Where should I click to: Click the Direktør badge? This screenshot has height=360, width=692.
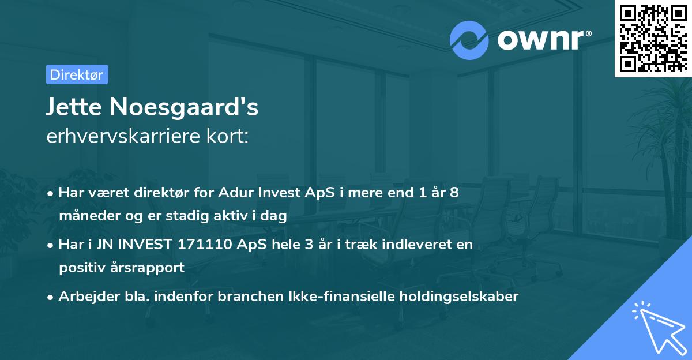[x=77, y=74]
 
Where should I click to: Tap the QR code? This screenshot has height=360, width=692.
[x=653, y=39]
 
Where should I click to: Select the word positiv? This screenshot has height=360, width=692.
[x=79, y=268]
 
